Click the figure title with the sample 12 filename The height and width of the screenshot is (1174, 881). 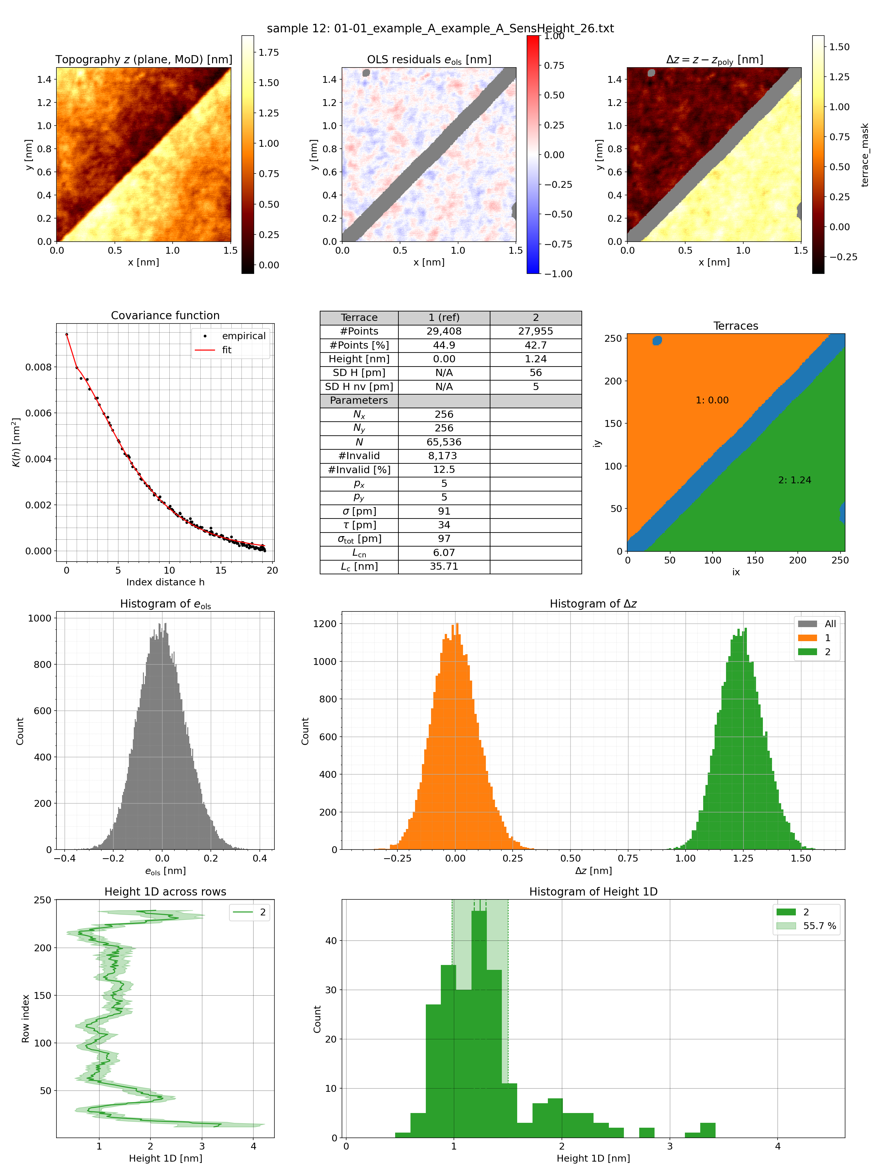(440, 28)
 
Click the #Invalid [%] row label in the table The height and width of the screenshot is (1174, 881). (359, 470)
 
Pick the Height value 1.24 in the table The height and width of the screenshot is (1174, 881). (535, 359)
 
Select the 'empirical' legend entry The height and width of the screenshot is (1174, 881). (243, 336)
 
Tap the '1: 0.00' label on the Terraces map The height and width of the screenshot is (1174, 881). (712, 400)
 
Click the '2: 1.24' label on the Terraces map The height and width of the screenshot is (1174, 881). (795, 480)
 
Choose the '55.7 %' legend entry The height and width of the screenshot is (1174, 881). (819, 926)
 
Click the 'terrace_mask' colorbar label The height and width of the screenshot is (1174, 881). (865, 155)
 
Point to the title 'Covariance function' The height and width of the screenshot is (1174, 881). (165, 315)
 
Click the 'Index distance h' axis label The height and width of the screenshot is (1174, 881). (165, 582)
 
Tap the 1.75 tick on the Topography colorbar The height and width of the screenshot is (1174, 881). (269, 53)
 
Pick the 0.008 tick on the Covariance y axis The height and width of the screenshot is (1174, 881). (38, 367)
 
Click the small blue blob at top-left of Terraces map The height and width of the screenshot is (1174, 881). (657, 340)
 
